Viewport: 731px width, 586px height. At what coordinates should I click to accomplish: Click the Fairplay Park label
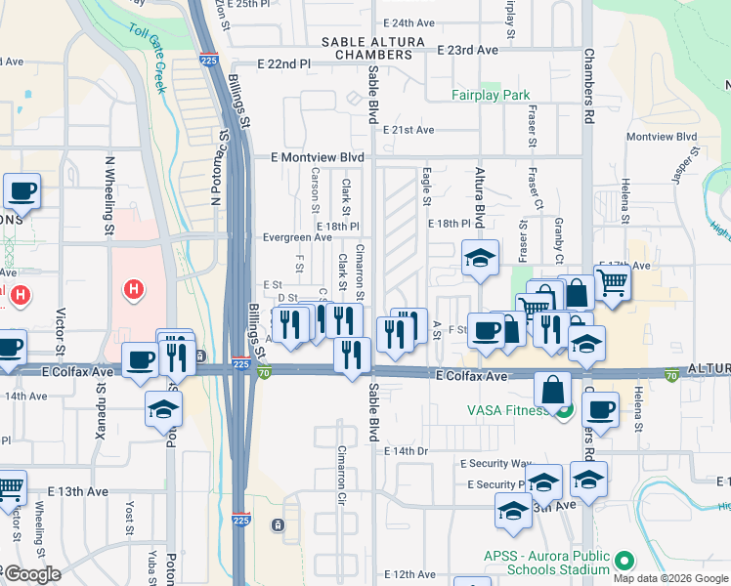pyautogui.click(x=491, y=95)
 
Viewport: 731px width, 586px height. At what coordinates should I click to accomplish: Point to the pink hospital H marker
pyautogui.click(x=135, y=289)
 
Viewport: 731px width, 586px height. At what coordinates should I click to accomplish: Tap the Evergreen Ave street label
pyautogui.click(x=297, y=237)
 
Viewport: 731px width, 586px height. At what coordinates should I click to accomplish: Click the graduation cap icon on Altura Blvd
pyautogui.click(x=480, y=259)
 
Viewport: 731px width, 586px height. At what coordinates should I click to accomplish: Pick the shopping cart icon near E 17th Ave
pyautogui.click(x=612, y=283)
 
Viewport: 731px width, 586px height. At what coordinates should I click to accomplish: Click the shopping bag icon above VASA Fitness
pyautogui.click(x=552, y=389)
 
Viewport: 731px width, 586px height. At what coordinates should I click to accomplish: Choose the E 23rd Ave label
pyautogui.click(x=468, y=49)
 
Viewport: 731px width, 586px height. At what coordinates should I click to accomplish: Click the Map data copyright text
pyautogui.click(x=669, y=578)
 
